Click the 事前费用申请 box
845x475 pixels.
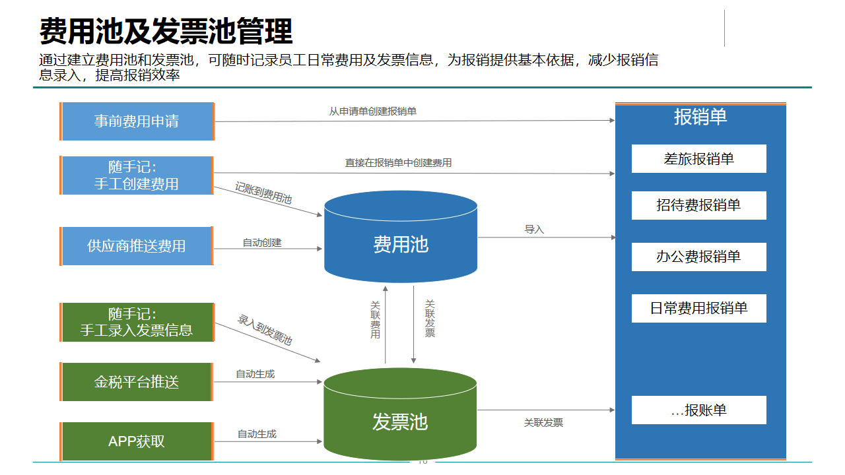coord(137,121)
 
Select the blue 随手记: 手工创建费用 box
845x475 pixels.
coord(137,175)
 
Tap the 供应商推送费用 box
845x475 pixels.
coord(137,246)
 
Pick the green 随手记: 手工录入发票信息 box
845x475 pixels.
coord(137,322)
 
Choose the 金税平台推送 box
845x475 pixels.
coord(137,382)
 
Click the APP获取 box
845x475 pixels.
coord(137,441)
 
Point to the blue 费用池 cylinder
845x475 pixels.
coord(401,245)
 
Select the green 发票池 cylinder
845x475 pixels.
coord(400,422)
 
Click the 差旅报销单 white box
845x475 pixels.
coord(698,159)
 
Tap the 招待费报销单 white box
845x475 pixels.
coord(698,205)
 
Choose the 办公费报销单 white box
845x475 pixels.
coord(698,257)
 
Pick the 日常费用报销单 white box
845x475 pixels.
coord(698,308)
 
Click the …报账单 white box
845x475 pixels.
coord(698,410)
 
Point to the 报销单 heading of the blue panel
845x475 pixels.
coord(700,117)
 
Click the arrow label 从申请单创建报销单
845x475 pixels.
coord(373,111)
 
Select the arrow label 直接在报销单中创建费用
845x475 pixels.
coord(398,162)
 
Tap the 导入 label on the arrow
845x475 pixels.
coord(534,230)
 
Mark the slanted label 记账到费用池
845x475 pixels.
coord(263,193)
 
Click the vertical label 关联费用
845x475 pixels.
coord(375,319)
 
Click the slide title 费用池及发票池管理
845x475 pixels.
coord(166,31)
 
